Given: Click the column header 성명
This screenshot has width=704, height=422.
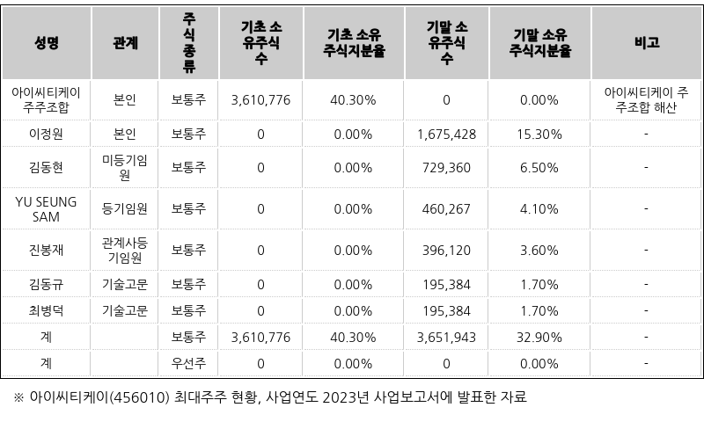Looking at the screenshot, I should coord(47,42).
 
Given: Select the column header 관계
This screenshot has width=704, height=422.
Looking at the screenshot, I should coord(125,42).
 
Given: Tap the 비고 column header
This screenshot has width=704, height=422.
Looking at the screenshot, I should coord(646,42).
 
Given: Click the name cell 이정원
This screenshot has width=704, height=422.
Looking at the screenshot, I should coord(47,134).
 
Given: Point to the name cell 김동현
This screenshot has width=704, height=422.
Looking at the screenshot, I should coord(47,167).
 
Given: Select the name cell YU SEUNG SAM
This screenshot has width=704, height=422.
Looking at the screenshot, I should coord(47,208).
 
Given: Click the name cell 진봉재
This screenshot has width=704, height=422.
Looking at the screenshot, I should coord(47,250).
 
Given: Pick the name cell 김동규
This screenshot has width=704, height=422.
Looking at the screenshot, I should coord(47,284).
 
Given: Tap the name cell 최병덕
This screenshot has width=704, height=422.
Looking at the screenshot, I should coord(47,310).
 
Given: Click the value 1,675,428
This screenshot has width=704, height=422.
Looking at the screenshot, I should coord(446,134).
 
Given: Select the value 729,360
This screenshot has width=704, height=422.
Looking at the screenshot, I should coord(446,167).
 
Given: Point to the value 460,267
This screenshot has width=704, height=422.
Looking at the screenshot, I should coord(446,208).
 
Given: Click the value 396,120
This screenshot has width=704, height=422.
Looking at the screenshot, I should coord(446,250).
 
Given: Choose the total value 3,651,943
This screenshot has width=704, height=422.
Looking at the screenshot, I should coord(446,337).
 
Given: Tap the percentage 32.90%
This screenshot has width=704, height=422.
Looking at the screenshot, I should coord(539,337).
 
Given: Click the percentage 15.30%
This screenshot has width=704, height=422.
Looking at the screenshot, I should coord(539,134).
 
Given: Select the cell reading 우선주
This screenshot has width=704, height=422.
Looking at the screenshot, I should coord(188,363).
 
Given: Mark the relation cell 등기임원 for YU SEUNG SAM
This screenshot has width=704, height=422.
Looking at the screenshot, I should coord(125,208).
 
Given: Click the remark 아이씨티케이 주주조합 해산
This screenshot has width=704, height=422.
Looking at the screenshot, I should coord(646,99).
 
